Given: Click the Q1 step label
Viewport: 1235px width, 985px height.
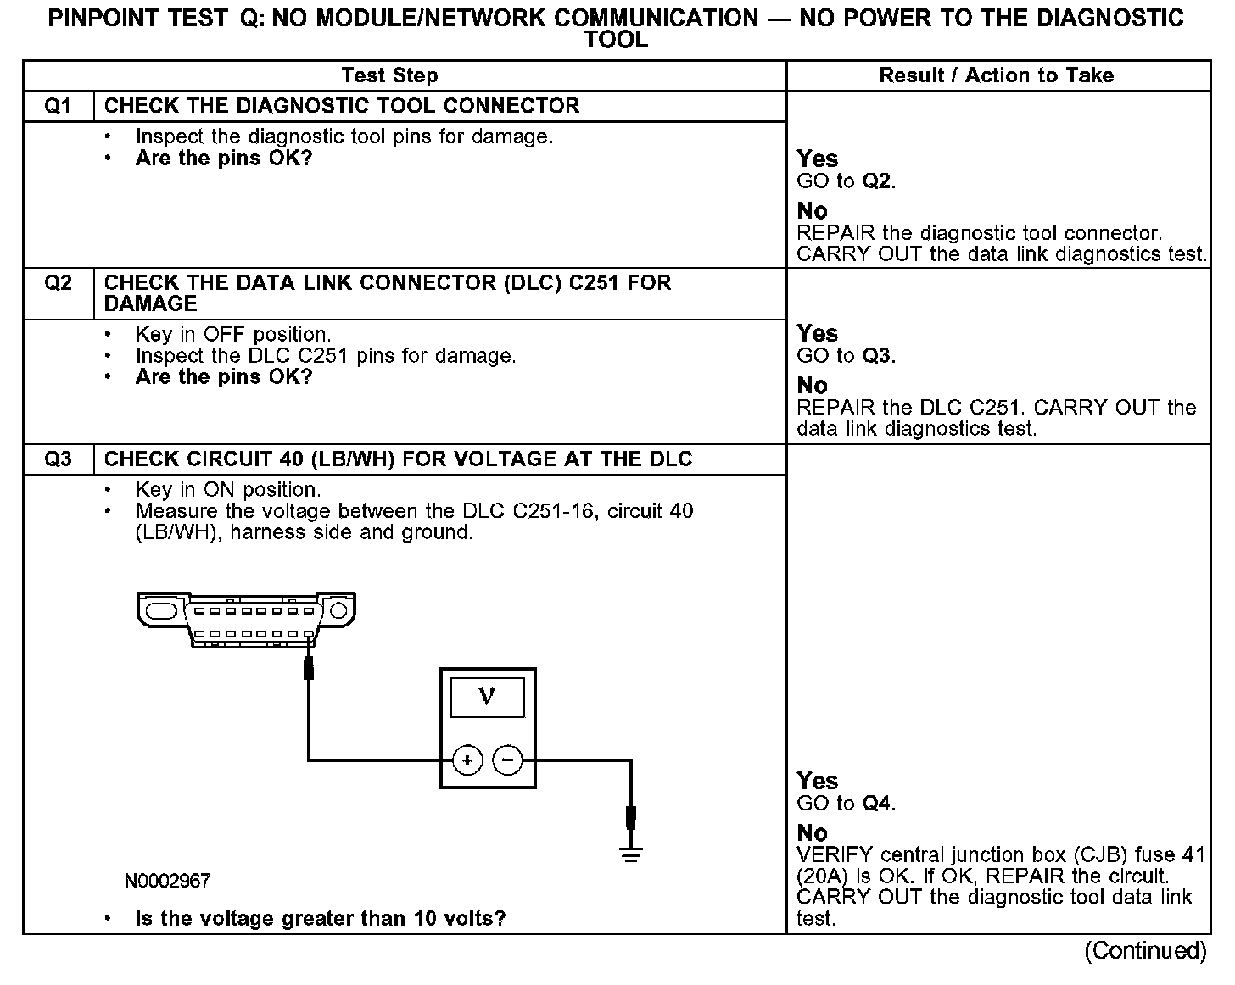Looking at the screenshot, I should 58,106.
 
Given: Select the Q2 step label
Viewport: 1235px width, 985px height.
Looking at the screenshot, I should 58,282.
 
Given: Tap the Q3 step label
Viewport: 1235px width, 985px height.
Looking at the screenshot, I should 58,459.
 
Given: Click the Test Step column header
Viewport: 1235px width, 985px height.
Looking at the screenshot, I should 389,75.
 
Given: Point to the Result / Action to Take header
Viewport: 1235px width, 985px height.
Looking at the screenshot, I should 996,75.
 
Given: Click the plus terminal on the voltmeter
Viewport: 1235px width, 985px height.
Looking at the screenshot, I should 467,760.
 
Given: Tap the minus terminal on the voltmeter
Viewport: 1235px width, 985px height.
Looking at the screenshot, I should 507,760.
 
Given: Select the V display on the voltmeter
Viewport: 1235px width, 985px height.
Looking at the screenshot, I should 487,698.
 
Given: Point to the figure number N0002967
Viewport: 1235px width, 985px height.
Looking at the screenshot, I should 167,881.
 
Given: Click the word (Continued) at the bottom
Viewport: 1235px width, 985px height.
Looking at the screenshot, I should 1145,951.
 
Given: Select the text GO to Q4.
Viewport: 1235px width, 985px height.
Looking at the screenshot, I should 846,803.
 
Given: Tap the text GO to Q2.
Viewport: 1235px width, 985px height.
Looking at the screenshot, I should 846,181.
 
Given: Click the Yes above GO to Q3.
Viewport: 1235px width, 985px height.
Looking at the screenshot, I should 817,333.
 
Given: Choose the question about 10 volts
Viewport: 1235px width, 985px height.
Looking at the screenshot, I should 321,919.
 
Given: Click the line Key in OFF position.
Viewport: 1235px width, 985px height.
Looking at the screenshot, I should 233,334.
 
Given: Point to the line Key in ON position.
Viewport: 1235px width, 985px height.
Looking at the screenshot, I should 228,490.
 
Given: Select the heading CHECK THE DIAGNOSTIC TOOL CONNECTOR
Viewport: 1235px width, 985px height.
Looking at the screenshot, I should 342,106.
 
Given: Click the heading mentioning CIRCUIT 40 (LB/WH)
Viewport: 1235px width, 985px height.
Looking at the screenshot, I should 398,459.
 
